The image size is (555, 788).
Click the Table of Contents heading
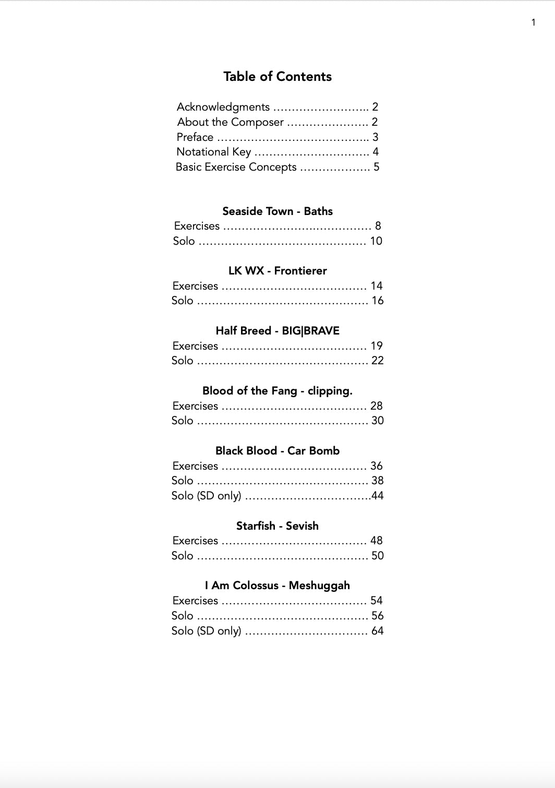pos(277,77)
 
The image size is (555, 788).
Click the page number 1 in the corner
pos(533,22)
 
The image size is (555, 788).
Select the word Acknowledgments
pos(223,107)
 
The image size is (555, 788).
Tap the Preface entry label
pos(195,137)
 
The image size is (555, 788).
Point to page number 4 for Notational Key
pos(376,152)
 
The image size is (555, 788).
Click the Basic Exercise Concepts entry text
pos(236,167)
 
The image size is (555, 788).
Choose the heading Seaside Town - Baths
pos(277,211)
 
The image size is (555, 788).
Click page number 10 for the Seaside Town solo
pos(376,241)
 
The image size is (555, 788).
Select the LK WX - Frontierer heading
pos(277,271)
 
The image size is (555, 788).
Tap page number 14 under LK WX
pos(377,286)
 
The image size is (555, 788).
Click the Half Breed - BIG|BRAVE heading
pos(277,331)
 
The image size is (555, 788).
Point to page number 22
pos(377,361)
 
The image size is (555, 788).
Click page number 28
pos(376,406)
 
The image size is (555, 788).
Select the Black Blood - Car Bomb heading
pos(277,451)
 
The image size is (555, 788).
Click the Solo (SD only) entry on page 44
pos(207,496)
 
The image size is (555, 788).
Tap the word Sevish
pos(302,526)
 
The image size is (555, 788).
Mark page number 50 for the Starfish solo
pos(377,556)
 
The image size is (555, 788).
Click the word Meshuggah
pos(319,586)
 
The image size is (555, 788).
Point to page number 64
pos(377,631)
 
